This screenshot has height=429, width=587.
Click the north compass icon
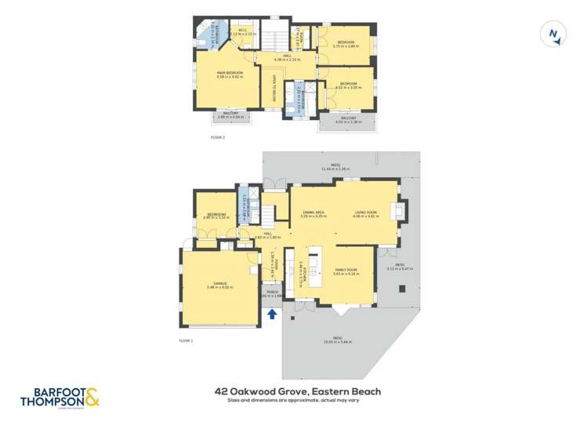click(x=554, y=34)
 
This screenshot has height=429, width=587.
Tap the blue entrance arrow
click(x=272, y=314)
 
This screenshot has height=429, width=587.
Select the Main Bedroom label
click(x=230, y=75)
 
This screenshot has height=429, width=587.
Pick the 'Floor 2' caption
click(x=218, y=137)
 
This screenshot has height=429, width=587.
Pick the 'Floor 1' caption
click(x=186, y=340)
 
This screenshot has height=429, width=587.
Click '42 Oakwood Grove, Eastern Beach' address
click(x=298, y=390)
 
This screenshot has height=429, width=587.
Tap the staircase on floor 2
click(x=275, y=38)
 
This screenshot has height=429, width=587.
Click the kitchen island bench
click(x=316, y=267)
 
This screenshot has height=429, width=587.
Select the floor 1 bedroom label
click(x=217, y=216)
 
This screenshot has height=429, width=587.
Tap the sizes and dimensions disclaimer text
click(x=298, y=400)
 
